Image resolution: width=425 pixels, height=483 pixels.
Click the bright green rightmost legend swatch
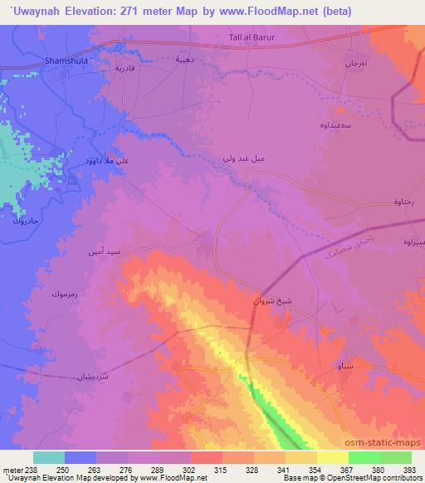pos(395,457)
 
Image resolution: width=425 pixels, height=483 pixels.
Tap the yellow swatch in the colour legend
pos(332,457)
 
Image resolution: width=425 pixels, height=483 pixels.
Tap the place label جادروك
pos(25,222)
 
